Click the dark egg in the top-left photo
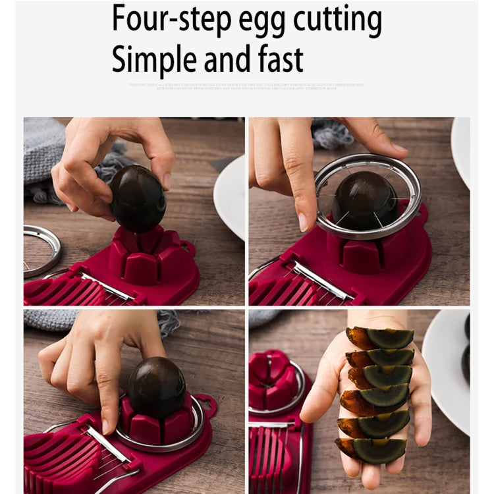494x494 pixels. click(137, 198)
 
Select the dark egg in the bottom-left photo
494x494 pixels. click(157, 388)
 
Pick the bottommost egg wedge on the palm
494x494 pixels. click(373, 450)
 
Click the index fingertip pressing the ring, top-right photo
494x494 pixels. click(304, 221)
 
